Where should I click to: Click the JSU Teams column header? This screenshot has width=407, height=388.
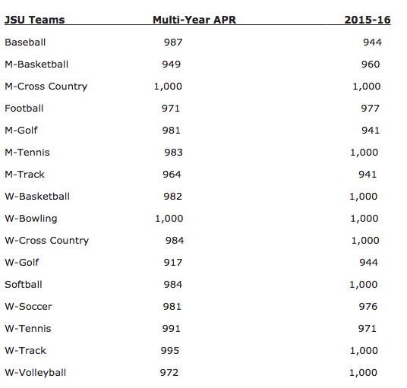click(x=35, y=20)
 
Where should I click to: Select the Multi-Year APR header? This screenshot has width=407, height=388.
click(x=195, y=20)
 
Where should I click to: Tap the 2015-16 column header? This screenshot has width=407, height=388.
click(x=363, y=20)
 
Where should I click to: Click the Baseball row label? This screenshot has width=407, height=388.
click(x=25, y=43)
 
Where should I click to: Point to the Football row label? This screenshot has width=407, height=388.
click(x=24, y=109)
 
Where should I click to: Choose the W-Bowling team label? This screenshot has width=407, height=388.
click(x=31, y=219)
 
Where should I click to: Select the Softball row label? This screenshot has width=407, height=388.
click(x=24, y=285)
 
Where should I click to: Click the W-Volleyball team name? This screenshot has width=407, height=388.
click(x=36, y=373)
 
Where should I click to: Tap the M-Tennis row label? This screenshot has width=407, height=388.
click(x=27, y=153)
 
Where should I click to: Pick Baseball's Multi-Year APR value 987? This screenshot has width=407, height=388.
click(x=173, y=43)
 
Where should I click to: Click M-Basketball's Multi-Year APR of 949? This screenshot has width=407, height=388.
click(x=172, y=65)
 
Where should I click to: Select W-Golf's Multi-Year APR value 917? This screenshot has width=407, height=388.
click(x=174, y=263)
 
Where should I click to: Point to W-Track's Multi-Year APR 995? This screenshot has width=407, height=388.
click(x=173, y=351)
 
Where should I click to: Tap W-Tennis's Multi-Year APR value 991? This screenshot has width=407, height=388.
click(x=173, y=329)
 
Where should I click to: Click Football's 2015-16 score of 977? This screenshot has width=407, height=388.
click(x=371, y=109)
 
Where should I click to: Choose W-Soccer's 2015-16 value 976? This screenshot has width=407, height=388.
click(x=371, y=307)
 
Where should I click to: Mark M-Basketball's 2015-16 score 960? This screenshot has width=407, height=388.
click(x=371, y=65)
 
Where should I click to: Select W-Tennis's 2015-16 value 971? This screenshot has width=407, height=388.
click(x=371, y=329)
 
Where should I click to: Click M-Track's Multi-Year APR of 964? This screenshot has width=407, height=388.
click(x=172, y=175)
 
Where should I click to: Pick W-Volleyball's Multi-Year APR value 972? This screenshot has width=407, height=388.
click(x=173, y=373)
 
